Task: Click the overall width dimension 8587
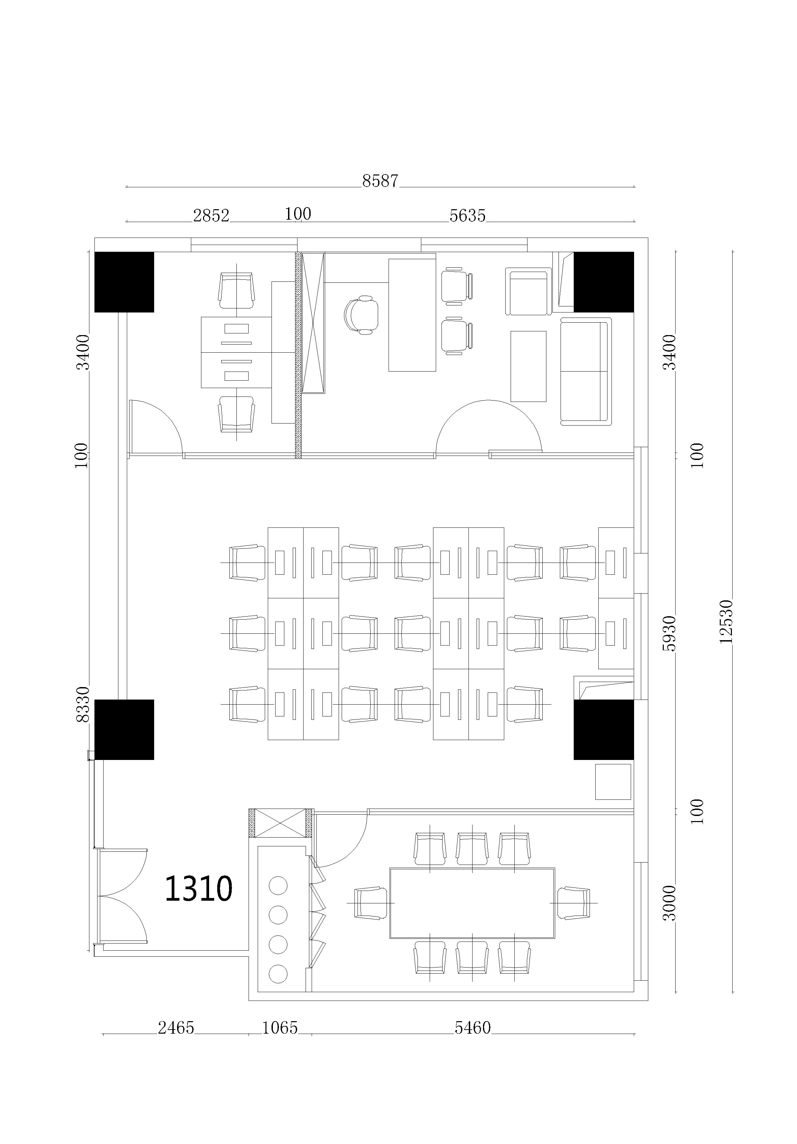pos(380,181)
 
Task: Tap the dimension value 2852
pos(211,215)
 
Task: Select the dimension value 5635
pos(467,215)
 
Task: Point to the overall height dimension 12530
pos(726,621)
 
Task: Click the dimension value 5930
pos(670,633)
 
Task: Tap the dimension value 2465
pos(176,1028)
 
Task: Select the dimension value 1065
pos(280,1028)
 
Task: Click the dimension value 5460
pos(473,1028)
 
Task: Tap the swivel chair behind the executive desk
pos(361,315)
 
